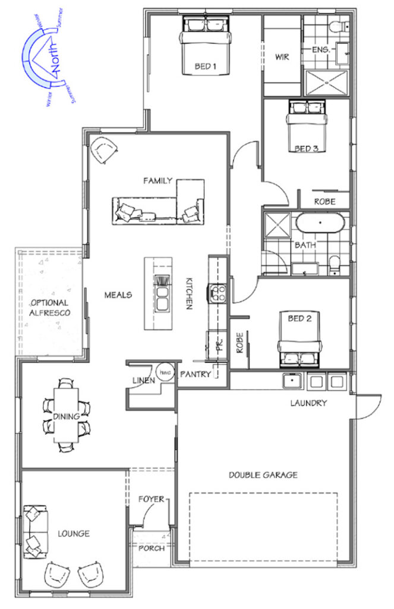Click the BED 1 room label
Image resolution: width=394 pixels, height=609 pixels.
tap(204, 67)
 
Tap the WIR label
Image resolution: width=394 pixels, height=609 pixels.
tap(281, 58)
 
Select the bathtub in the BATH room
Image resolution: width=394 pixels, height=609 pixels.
tap(321, 225)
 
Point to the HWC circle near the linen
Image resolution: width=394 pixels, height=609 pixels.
tap(165, 369)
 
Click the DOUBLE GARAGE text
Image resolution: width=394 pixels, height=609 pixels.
tap(263, 475)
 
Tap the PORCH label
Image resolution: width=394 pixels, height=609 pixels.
tap(152, 548)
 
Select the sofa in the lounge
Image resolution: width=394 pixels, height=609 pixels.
tap(33, 531)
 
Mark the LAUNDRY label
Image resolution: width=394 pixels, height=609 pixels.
tap(308, 403)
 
